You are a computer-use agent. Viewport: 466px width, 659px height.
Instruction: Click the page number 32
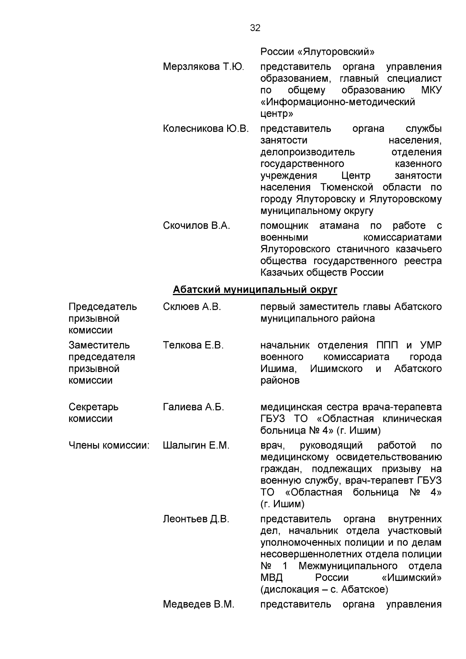click(x=255, y=28)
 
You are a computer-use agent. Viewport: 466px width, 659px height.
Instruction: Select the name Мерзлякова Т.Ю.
click(x=203, y=67)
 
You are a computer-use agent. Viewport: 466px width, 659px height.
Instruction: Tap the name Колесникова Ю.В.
click(x=206, y=129)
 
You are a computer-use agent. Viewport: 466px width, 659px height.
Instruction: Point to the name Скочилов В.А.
click(x=196, y=226)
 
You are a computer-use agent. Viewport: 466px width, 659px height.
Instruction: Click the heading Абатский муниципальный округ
click(x=255, y=290)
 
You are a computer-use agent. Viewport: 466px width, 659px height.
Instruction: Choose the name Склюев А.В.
click(x=192, y=307)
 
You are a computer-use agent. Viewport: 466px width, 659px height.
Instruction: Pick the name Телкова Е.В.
click(x=193, y=345)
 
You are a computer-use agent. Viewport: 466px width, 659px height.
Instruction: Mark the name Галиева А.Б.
click(x=193, y=407)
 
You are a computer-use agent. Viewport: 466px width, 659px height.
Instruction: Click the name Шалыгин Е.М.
click(x=196, y=445)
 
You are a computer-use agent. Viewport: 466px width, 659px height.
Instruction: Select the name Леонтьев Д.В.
click(x=196, y=519)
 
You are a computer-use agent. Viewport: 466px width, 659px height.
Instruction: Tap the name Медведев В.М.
click(x=198, y=604)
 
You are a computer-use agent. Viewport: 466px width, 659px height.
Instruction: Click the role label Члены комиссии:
click(x=109, y=445)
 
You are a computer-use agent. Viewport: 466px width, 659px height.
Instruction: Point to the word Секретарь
click(x=94, y=407)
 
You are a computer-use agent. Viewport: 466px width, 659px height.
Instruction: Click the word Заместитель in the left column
click(x=99, y=345)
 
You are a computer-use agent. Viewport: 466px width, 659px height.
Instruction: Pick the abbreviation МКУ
click(x=431, y=90)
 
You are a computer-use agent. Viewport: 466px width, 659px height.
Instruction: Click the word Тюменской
click(x=347, y=188)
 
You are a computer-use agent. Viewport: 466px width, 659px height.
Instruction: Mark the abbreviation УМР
click(x=431, y=345)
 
